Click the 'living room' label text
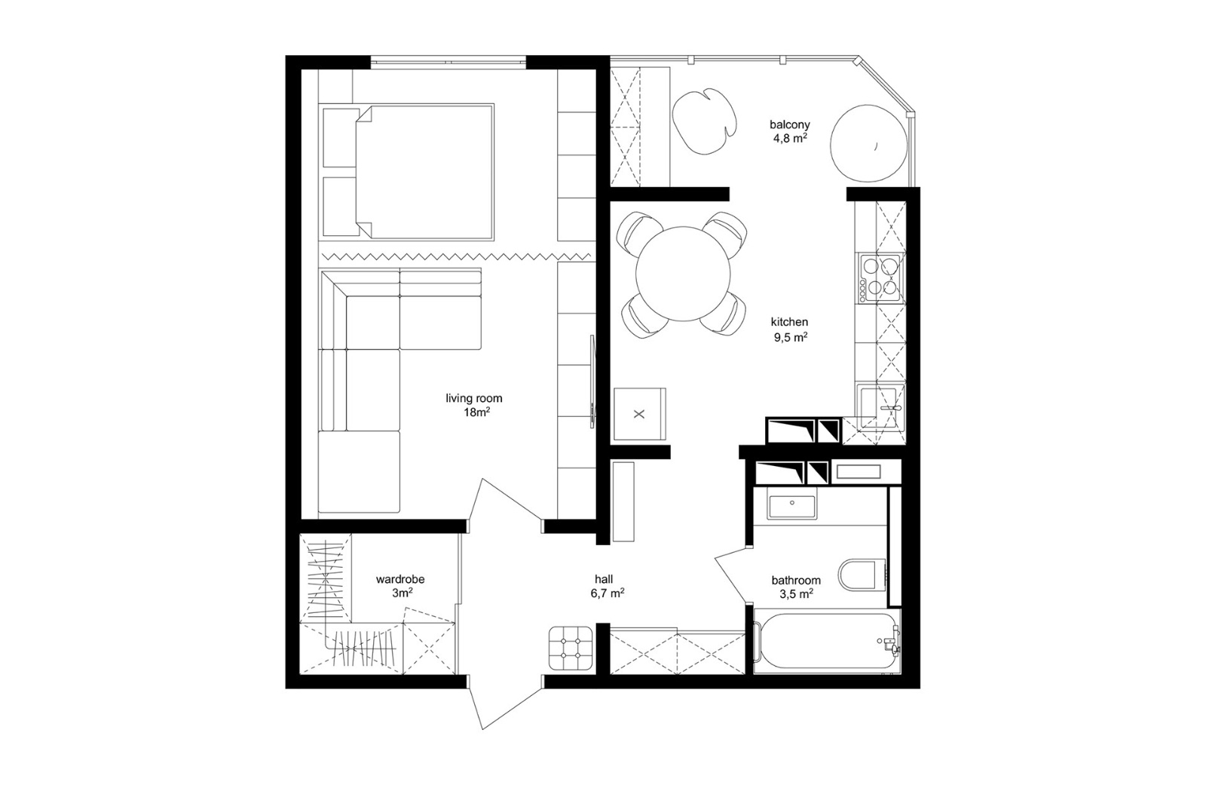474,399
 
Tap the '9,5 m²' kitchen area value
791,337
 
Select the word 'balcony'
790,124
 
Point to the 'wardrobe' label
400,579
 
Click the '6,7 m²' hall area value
607,593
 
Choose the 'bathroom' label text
796,580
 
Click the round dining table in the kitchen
683,274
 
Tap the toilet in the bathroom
862,575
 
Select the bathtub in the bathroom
826,641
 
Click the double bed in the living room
408,172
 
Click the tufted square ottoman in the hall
571,649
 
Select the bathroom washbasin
792,507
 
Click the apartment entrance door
504,707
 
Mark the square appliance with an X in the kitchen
640,414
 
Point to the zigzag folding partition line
455,256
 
